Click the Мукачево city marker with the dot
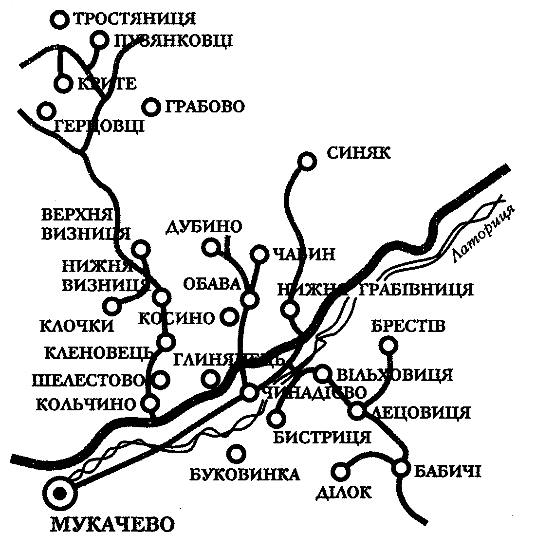click(x=60, y=493)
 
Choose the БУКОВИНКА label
click(x=244, y=474)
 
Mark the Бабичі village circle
click(x=401, y=468)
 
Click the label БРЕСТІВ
click(x=408, y=326)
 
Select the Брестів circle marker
click(x=388, y=346)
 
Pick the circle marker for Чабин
click(x=259, y=254)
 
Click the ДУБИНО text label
click(x=204, y=227)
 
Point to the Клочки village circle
click(x=112, y=306)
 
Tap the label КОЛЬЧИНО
click(x=86, y=404)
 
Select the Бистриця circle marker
click(x=276, y=418)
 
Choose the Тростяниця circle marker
click(x=60, y=19)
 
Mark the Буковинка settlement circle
click(x=236, y=454)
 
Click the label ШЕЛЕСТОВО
click(x=89, y=380)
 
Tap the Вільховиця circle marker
click(x=323, y=373)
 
